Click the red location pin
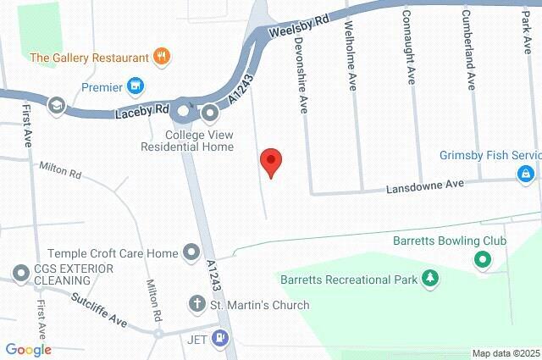click(x=270, y=161)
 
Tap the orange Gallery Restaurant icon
click(x=162, y=58)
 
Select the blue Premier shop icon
click(x=135, y=86)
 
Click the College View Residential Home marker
click(x=211, y=111)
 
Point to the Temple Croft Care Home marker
click(x=192, y=252)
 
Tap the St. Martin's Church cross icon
click(x=196, y=304)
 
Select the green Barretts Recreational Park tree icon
click(x=431, y=278)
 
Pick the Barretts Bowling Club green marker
click(x=483, y=261)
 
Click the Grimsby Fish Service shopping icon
click(x=526, y=174)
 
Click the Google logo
click(x=28, y=350)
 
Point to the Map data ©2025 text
click(x=506, y=353)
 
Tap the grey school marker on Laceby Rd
click(x=57, y=105)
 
